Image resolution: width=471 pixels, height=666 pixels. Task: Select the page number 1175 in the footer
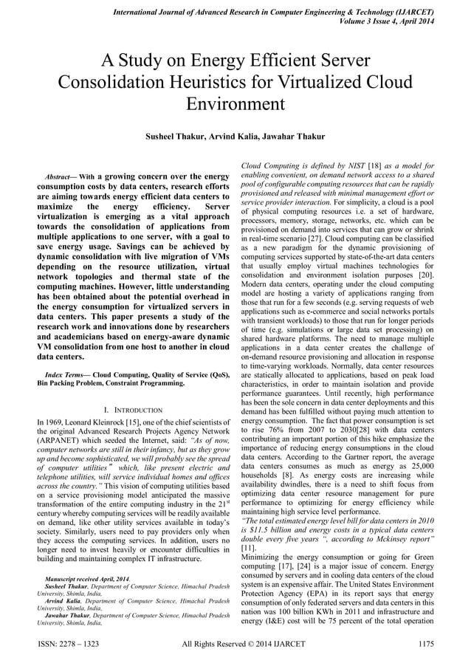(x=427, y=644)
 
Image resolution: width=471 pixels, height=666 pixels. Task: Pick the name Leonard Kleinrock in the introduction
(x=92, y=422)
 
